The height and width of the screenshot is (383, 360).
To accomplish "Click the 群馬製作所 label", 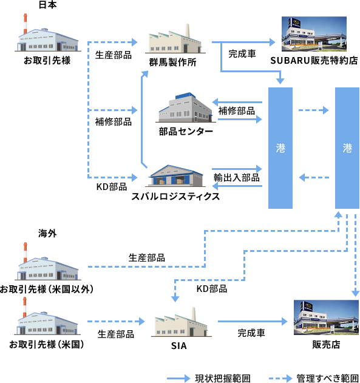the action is pyautogui.click(x=172, y=63).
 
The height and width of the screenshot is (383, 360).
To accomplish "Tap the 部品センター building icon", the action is pyautogui.click(x=186, y=107).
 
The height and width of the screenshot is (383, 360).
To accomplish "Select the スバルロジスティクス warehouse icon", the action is pyautogui.click(x=176, y=175).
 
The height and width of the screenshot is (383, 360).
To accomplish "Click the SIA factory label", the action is pyautogui.click(x=178, y=345).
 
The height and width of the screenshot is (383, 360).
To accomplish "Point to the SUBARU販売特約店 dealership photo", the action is pyautogui.click(x=314, y=34).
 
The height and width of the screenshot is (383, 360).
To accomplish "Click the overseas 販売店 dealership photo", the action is pyautogui.click(x=326, y=317).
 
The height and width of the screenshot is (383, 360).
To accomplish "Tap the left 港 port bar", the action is pyautogui.click(x=280, y=148).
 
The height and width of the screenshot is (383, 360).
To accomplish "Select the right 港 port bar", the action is pyautogui.click(x=347, y=148).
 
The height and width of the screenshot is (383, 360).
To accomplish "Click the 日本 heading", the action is pyautogui.click(x=47, y=5).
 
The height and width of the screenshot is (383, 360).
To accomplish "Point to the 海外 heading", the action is pyautogui.click(x=47, y=233).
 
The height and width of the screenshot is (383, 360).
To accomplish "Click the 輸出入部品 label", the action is pyautogui.click(x=236, y=178).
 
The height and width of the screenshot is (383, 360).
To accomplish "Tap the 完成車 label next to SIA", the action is pyautogui.click(x=251, y=333).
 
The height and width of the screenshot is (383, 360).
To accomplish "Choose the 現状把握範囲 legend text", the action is pyautogui.click(x=223, y=378).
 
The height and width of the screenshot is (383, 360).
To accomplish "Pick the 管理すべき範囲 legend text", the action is pyautogui.click(x=327, y=378).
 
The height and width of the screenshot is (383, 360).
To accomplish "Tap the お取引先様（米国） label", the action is pyautogui.click(x=47, y=344).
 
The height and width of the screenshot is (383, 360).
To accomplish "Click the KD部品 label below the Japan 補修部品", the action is pyautogui.click(x=112, y=186).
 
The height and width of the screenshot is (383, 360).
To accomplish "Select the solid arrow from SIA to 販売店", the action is pyautogui.click(x=253, y=322).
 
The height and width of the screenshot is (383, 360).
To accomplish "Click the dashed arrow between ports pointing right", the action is pyautogui.click(x=314, y=110).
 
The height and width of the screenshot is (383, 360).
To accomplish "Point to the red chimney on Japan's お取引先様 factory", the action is pyautogui.click(x=25, y=24).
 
